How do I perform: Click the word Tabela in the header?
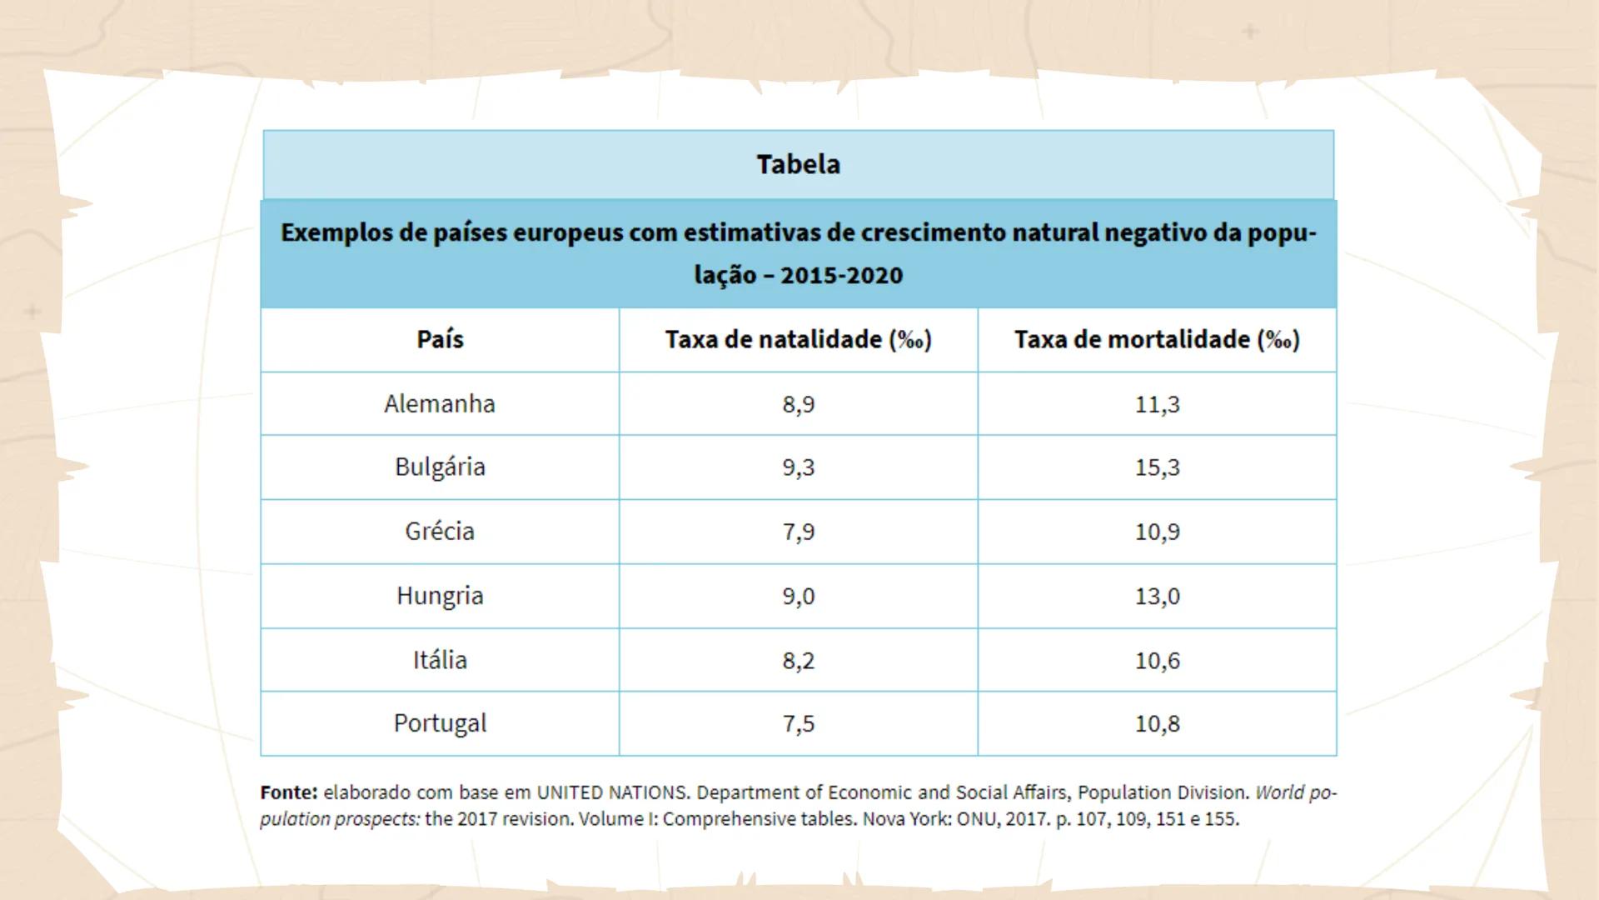tap(798, 164)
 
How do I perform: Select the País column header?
tap(440, 339)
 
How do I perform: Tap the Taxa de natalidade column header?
tap(798, 339)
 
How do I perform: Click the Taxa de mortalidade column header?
tap(1157, 339)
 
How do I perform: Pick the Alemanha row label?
tap(440, 403)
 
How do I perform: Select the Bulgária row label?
tap(440, 467)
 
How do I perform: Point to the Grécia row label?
tap(440, 531)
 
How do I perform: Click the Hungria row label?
tap(440, 595)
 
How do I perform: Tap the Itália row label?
tap(440, 659)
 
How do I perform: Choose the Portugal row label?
tap(440, 722)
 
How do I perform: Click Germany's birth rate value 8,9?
tap(798, 404)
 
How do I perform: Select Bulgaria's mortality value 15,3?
tap(1157, 467)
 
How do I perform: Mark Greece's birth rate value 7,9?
tap(798, 532)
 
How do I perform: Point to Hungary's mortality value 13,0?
tap(1157, 596)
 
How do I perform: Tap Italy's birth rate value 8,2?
tap(798, 660)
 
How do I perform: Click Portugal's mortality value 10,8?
tap(1157, 723)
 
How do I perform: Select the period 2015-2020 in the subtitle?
tap(841, 275)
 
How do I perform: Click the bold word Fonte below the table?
tap(288, 792)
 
